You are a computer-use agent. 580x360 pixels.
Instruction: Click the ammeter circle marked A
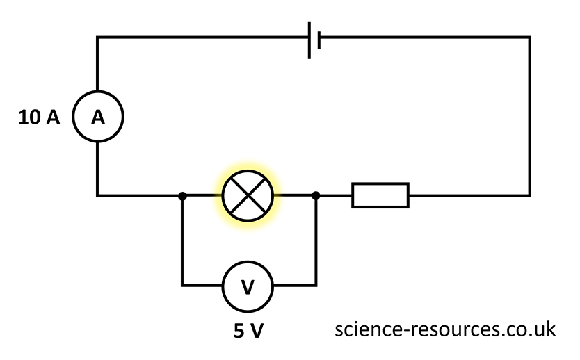point(98,117)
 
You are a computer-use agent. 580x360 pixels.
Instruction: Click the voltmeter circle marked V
point(248,286)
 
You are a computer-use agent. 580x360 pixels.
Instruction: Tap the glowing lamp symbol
point(248,196)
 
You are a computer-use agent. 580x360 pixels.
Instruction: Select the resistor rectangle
point(380,195)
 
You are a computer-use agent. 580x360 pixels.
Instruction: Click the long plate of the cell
point(309,39)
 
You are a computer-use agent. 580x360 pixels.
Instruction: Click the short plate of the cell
point(319,39)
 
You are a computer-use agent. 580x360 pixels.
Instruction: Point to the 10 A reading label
point(39,118)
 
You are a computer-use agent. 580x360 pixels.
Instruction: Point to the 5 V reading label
point(248,331)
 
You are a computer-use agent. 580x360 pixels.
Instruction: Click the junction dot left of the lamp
point(182,196)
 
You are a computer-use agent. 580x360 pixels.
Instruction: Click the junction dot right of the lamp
point(316,196)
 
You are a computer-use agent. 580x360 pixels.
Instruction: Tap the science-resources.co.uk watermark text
point(445,329)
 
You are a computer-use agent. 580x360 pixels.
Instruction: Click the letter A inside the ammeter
point(98,118)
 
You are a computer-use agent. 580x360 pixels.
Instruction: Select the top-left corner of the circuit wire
point(97,38)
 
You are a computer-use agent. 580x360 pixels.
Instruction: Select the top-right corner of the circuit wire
point(529,38)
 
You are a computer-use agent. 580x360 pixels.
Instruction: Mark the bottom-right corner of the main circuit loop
point(529,195)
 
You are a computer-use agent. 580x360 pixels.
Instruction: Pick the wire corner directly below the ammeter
point(97,195)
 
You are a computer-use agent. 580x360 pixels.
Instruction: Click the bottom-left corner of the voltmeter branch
point(182,285)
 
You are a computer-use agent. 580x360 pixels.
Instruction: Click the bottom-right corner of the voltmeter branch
point(316,285)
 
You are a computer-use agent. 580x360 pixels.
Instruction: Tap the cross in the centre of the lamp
point(248,196)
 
